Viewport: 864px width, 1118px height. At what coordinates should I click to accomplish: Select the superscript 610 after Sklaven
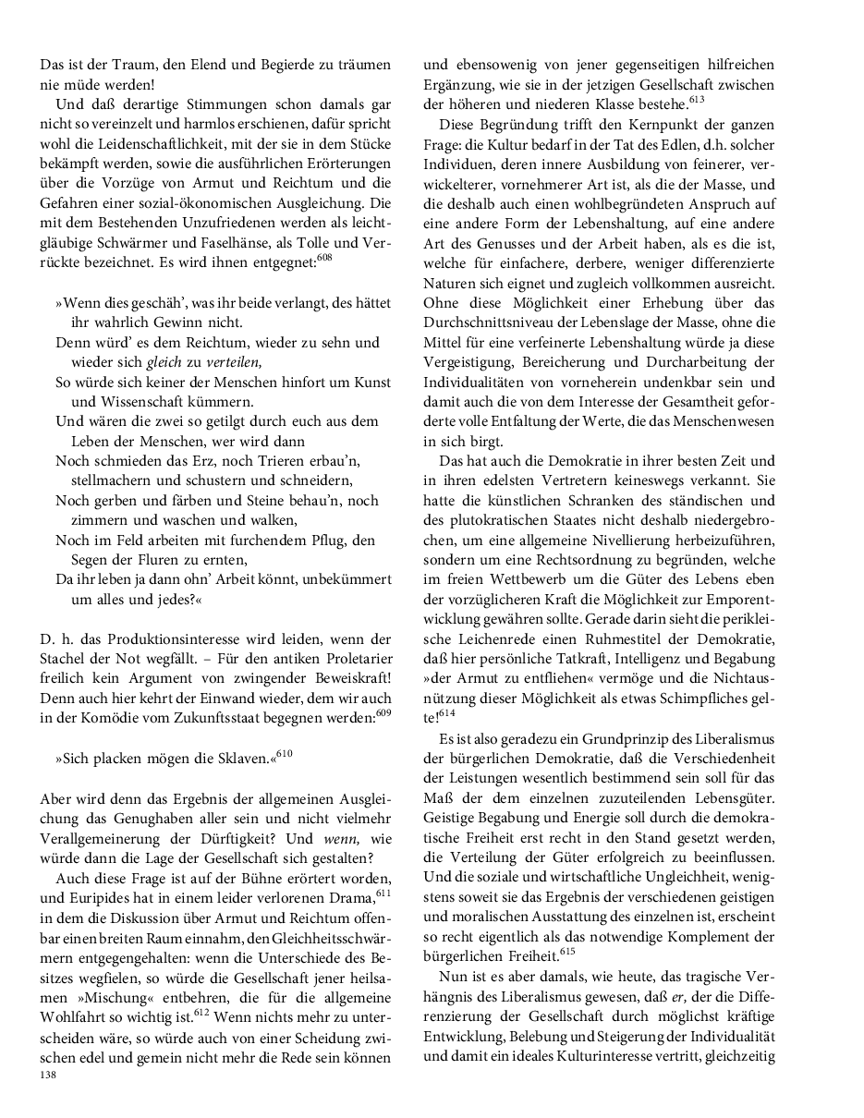point(284,755)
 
